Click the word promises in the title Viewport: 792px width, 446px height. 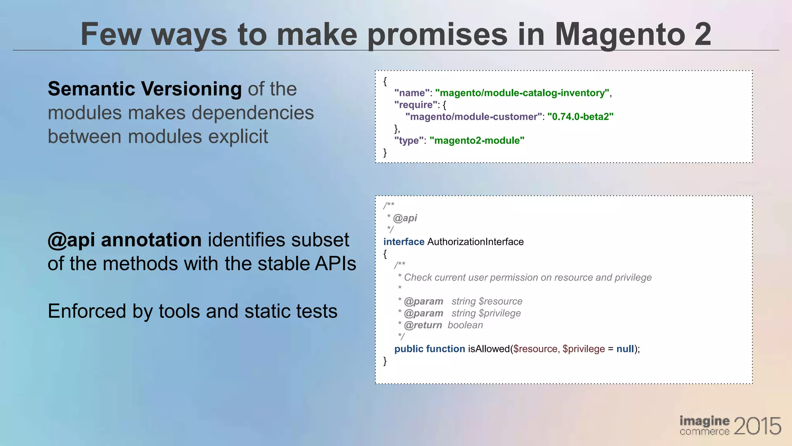(x=437, y=35)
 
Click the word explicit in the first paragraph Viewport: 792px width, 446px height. (x=237, y=137)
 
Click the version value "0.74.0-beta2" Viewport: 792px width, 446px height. (x=580, y=117)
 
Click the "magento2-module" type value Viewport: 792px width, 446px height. (x=477, y=141)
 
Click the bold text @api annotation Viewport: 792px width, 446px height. (x=125, y=240)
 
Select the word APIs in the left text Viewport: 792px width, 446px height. (x=335, y=264)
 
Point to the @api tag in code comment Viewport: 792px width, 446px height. (x=405, y=218)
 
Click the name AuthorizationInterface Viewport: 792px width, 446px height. (x=475, y=242)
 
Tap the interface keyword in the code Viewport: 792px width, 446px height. (x=404, y=242)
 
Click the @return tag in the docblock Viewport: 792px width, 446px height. (x=423, y=325)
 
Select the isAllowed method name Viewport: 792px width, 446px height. (x=489, y=349)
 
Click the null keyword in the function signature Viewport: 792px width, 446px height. (x=625, y=349)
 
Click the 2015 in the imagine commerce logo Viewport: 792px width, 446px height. (x=757, y=426)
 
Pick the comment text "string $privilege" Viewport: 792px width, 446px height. (x=486, y=313)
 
